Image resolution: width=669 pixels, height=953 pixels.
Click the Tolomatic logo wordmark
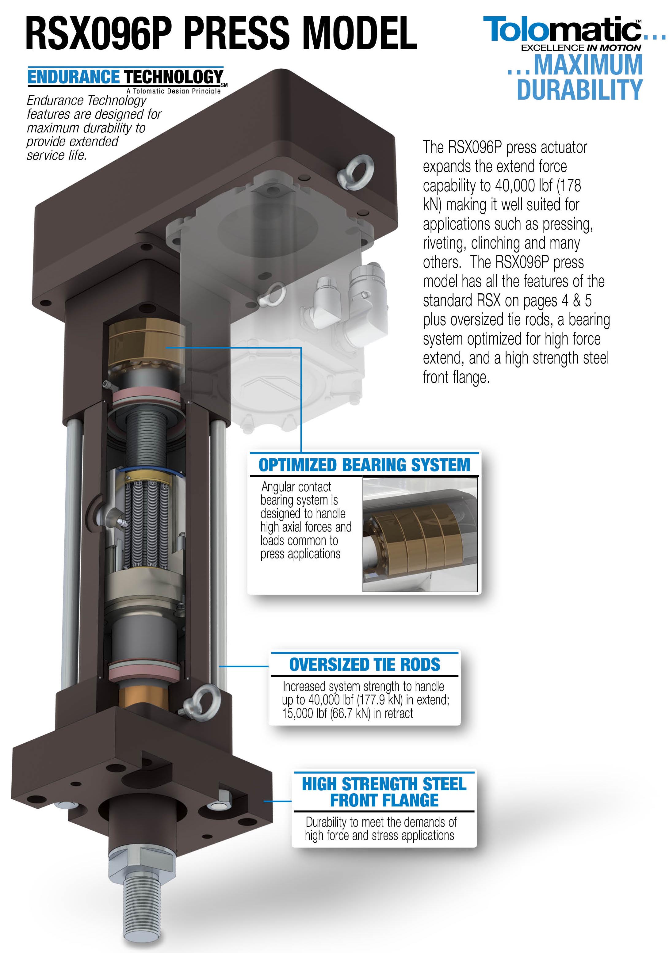[x=563, y=29]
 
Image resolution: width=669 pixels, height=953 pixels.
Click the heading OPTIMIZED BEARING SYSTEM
[x=364, y=465]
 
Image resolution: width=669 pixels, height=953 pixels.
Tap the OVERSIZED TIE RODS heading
[x=365, y=665]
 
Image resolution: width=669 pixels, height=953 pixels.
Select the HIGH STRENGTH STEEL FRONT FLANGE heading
[x=384, y=792]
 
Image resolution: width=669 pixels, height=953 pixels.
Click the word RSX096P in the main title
[x=99, y=33]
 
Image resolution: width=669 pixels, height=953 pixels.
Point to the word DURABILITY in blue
[x=580, y=90]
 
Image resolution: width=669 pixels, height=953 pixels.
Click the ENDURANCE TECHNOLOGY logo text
[x=125, y=77]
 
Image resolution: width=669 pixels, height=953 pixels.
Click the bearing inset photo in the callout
[x=420, y=535]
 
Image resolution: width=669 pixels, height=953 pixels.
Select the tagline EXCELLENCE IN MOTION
[x=581, y=48]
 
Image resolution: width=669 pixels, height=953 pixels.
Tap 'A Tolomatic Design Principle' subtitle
[x=174, y=91]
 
